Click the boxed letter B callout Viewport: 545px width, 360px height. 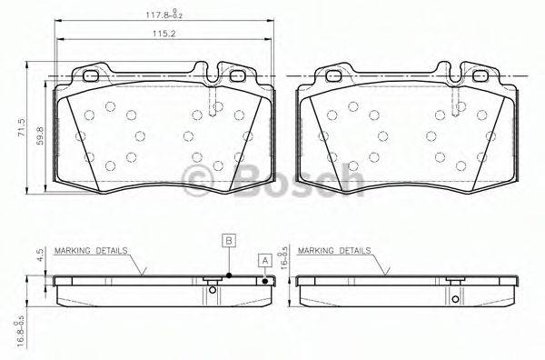(x=230, y=241)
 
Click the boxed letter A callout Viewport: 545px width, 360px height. (x=265, y=260)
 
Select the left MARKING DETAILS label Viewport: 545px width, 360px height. (x=91, y=248)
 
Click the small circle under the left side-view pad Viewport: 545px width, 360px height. (x=213, y=291)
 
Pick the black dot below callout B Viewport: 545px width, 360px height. (x=230, y=275)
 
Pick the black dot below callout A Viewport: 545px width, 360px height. (x=265, y=281)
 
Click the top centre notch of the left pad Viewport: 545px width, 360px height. (x=210, y=70)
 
